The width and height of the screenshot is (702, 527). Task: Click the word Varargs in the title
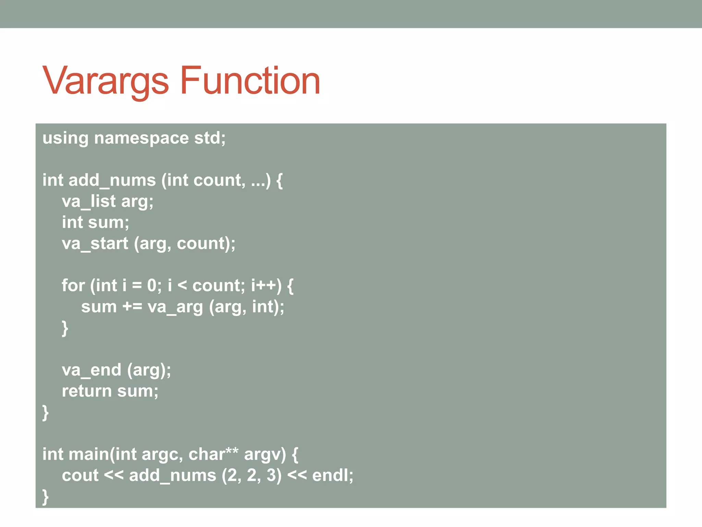point(105,81)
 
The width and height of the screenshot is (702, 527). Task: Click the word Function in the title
point(250,81)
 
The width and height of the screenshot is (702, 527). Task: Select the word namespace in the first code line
point(141,138)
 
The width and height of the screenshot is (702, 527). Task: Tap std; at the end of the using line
point(210,138)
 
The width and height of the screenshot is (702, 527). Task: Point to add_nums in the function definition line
point(112,180)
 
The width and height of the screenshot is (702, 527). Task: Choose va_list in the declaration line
point(89,201)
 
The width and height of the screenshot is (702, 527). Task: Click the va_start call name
point(95,244)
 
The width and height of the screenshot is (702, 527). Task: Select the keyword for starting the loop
point(73,285)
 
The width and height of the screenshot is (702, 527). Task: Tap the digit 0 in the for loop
point(152,285)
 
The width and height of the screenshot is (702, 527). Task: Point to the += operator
point(132,307)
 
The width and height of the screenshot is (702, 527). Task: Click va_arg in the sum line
point(175,307)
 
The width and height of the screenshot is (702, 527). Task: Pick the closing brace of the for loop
point(65,328)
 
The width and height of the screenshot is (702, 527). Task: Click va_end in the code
point(92,370)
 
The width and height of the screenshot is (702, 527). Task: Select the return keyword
point(87,391)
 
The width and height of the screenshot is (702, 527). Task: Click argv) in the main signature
point(265,454)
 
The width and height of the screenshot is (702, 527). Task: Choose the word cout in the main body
point(80,476)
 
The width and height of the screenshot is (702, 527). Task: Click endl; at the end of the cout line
point(332,476)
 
